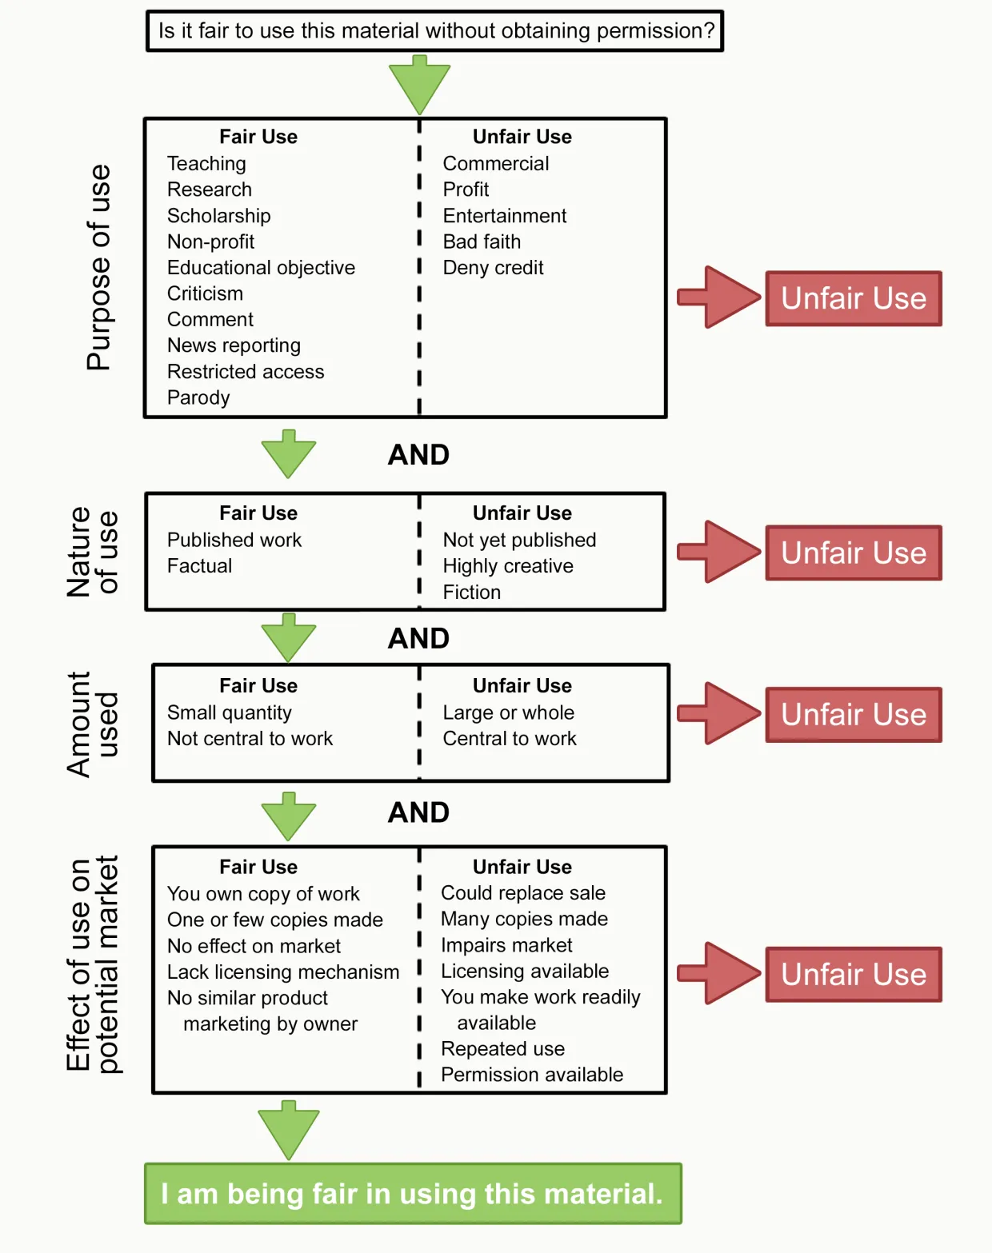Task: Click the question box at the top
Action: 435,31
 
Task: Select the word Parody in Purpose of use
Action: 198,397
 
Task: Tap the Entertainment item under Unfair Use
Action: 504,216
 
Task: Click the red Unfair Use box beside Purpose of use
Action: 853,298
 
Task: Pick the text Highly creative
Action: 508,566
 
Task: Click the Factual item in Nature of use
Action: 199,566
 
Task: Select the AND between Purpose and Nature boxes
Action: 418,455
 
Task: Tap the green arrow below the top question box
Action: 419,84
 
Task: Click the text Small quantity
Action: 229,712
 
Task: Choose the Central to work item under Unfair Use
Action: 510,739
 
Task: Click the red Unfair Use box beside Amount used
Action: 853,715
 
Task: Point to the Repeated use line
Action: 502,1049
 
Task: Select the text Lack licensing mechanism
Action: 282,972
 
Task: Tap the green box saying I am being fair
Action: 413,1194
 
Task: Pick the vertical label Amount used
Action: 92,724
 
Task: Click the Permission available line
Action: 531,1075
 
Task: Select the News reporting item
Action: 234,345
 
